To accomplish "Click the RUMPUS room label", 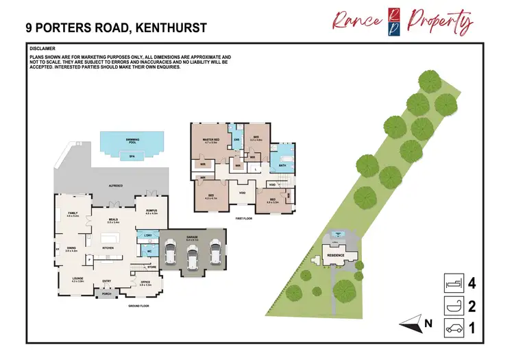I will [151, 211].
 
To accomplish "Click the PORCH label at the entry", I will [106, 293].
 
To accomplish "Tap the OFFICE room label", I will [145, 281].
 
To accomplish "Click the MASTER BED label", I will [210, 140].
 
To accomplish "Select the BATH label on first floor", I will [282, 165].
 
